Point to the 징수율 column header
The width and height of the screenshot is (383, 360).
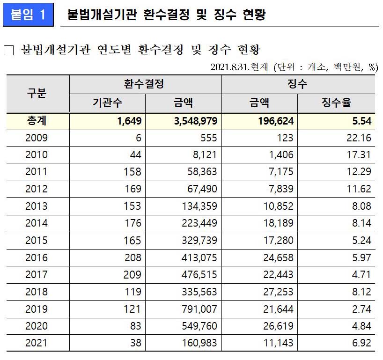click(x=336, y=103)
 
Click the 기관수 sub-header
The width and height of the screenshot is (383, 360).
click(x=107, y=103)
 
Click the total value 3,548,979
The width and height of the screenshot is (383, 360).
click(x=195, y=121)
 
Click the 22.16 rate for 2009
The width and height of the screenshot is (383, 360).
click(x=359, y=138)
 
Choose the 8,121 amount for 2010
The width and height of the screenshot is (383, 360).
click(x=205, y=155)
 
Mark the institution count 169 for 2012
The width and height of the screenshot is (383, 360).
click(x=132, y=189)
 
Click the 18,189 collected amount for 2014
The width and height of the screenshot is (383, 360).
click(x=278, y=223)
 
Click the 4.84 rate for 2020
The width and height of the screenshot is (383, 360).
click(x=362, y=326)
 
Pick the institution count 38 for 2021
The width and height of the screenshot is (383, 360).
click(x=135, y=343)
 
